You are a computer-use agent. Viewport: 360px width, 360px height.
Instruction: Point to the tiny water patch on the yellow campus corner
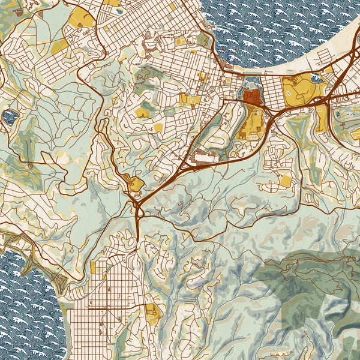(x=316, y=79)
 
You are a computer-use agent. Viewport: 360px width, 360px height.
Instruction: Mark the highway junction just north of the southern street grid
(x=139, y=209)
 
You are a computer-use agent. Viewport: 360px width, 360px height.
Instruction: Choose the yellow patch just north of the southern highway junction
(x=135, y=183)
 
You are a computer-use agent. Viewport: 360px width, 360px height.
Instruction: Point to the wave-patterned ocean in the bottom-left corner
(x=27, y=312)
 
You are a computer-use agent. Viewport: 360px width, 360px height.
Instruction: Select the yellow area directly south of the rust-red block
(x=250, y=123)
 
